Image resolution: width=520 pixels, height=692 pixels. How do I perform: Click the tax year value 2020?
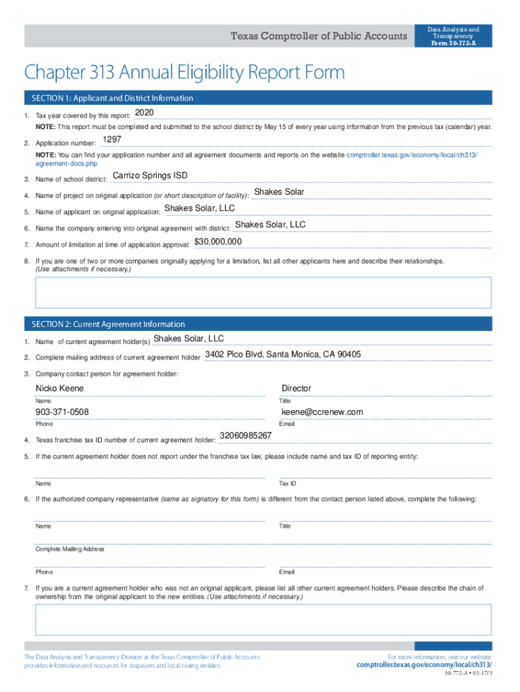145,112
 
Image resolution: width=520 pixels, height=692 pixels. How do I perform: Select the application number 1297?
111,140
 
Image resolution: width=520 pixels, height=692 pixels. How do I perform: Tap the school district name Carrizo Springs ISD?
150,176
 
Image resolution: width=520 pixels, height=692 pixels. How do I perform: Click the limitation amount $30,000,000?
218,242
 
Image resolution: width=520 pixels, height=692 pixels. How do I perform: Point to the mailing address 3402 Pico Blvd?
282,355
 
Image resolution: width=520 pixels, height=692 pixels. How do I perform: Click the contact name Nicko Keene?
59,389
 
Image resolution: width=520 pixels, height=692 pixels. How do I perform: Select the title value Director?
296,389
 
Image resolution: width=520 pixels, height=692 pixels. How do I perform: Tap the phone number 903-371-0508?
62,412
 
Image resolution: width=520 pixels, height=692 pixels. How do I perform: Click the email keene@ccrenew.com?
322,412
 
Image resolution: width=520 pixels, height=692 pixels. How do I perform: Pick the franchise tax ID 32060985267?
246,436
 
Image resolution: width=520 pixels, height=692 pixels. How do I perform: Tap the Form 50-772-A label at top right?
453,44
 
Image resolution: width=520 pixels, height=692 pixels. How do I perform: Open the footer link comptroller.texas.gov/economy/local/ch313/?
424,665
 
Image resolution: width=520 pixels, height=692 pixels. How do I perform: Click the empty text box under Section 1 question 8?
263,293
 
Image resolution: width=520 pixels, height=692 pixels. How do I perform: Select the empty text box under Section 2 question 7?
263,620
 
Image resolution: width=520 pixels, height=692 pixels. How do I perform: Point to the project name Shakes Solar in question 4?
279,193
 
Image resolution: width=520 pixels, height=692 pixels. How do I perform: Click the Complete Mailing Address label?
70,549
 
